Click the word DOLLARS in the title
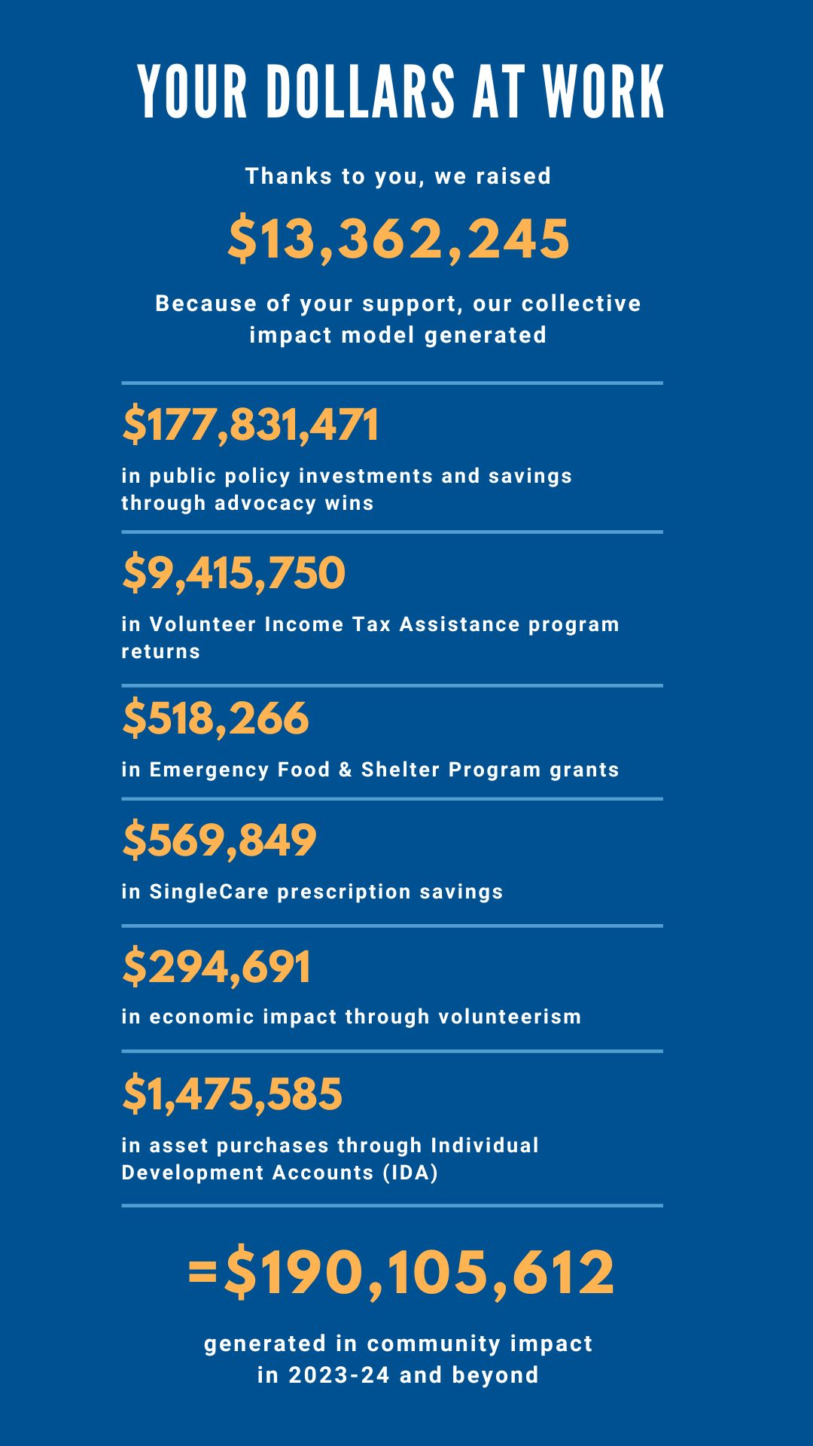361,92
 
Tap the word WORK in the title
604,92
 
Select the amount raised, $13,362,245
399,239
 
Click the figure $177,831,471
251,425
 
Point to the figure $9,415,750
233,573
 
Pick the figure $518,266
215,718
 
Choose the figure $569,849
219,840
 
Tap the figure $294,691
216,967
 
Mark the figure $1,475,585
232,1094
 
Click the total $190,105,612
419,1273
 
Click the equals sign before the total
202,1274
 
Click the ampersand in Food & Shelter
346,770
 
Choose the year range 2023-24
340,1375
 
